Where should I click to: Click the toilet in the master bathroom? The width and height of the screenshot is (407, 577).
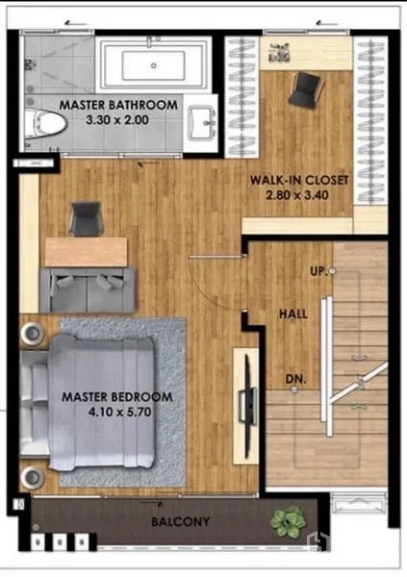44,124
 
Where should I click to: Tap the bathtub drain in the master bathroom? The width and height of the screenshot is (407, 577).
154,65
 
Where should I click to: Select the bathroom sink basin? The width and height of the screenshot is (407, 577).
201,123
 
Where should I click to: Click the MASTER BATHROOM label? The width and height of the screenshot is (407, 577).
118,105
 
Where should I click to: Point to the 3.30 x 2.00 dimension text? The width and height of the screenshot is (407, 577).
117,120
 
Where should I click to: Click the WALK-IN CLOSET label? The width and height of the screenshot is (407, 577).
299,180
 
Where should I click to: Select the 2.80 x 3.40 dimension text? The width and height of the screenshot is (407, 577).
297,195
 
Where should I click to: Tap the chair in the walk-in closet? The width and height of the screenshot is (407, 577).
305,90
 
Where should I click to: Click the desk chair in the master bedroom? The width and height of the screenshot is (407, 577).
86,218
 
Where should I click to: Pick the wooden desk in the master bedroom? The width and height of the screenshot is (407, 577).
86,252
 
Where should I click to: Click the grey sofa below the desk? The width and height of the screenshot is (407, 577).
88,290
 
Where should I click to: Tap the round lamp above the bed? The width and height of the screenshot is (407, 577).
33,334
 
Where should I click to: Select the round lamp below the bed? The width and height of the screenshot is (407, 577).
33,477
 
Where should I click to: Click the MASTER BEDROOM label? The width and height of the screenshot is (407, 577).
117,397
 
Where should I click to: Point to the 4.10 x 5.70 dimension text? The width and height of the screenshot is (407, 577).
119,413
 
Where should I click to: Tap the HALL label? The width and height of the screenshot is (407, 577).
293,314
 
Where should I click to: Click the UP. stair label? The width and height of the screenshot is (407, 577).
318,271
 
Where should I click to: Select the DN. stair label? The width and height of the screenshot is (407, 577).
295,379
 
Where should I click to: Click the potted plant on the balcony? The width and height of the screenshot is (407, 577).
288,522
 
